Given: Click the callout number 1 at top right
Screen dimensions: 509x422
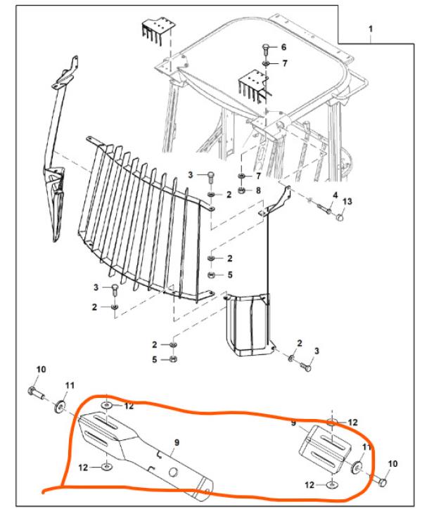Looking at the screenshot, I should tap(371, 29).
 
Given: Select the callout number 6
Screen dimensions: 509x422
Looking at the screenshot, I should tap(284, 47).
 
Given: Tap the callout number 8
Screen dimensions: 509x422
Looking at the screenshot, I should tap(257, 190).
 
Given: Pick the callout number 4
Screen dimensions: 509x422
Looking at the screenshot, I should tap(335, 195).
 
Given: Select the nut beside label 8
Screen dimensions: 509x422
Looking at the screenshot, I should tap(241, 190).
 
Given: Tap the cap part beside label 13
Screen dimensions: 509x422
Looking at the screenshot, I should tap(342, 219).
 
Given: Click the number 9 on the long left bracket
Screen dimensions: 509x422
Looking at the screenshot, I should tap(177, 442).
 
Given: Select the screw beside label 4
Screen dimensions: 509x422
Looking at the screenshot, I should tap(324, 207).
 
